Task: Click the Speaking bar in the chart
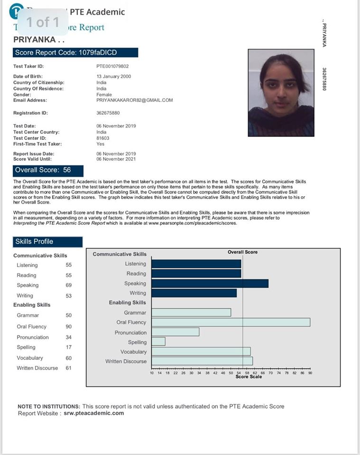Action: coord(210,283)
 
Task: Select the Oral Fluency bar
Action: coord(231,322)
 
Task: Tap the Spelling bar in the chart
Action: coord(158,342)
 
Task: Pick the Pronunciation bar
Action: coord(175,332)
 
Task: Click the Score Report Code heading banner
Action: coord(76,53)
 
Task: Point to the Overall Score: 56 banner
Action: coord(48,170)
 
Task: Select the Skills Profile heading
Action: coord(48,242)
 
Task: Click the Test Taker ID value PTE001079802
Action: coord(112,67)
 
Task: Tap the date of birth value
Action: coord(114,76)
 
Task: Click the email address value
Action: coord(135,100)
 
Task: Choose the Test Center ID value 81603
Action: coord(103,138)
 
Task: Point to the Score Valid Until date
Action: coord(116,159)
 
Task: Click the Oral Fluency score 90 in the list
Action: coord(69,327)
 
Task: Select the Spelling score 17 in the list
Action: coord(69,347)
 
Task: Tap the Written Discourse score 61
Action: coord(69,368)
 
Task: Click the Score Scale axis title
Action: coord(249,377)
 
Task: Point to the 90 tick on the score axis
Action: coord(310,373)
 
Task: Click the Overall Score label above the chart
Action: coord(243,252)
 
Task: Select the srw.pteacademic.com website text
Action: coord(94,413)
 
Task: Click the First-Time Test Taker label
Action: coord(37,144)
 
